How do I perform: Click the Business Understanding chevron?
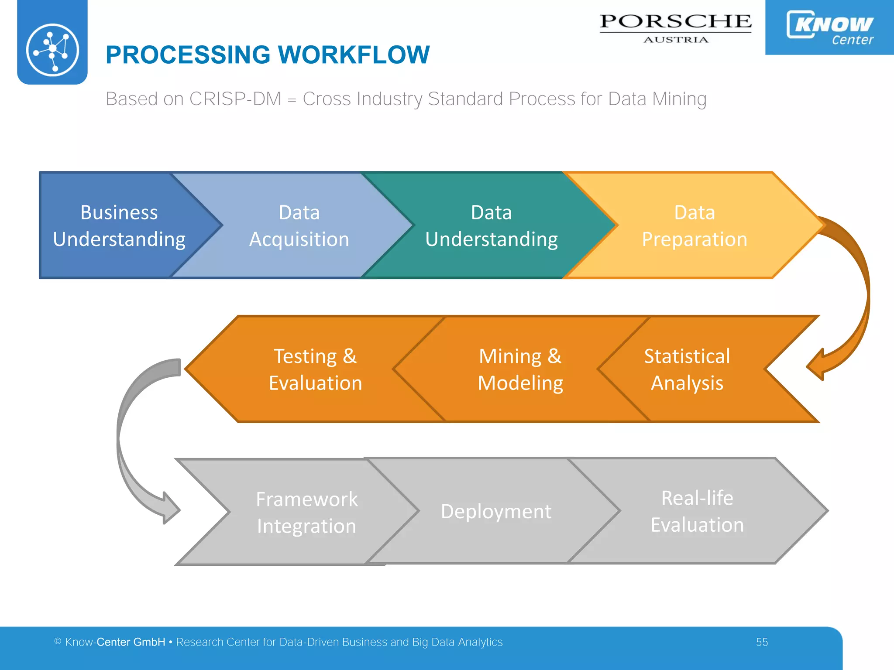(119, 226)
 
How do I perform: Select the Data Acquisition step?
(299, 226)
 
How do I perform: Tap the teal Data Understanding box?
(491, 226)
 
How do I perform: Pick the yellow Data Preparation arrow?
(694, 226)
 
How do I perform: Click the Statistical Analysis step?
(687, 369)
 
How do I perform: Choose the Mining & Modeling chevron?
(520, 369)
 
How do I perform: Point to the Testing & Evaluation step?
(315, 369)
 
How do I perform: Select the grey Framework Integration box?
(306, 512)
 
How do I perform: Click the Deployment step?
(496, 511)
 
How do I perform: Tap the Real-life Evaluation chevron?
(697, 511)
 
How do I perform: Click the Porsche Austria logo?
(675, 27)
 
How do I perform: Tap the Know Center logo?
(829, 27)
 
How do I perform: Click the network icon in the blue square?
(52, 50)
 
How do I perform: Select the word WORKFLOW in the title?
(354, 55)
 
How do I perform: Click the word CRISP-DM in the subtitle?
(235, 99)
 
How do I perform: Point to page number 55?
(762, 642)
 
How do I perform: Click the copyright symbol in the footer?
(58, 641)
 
